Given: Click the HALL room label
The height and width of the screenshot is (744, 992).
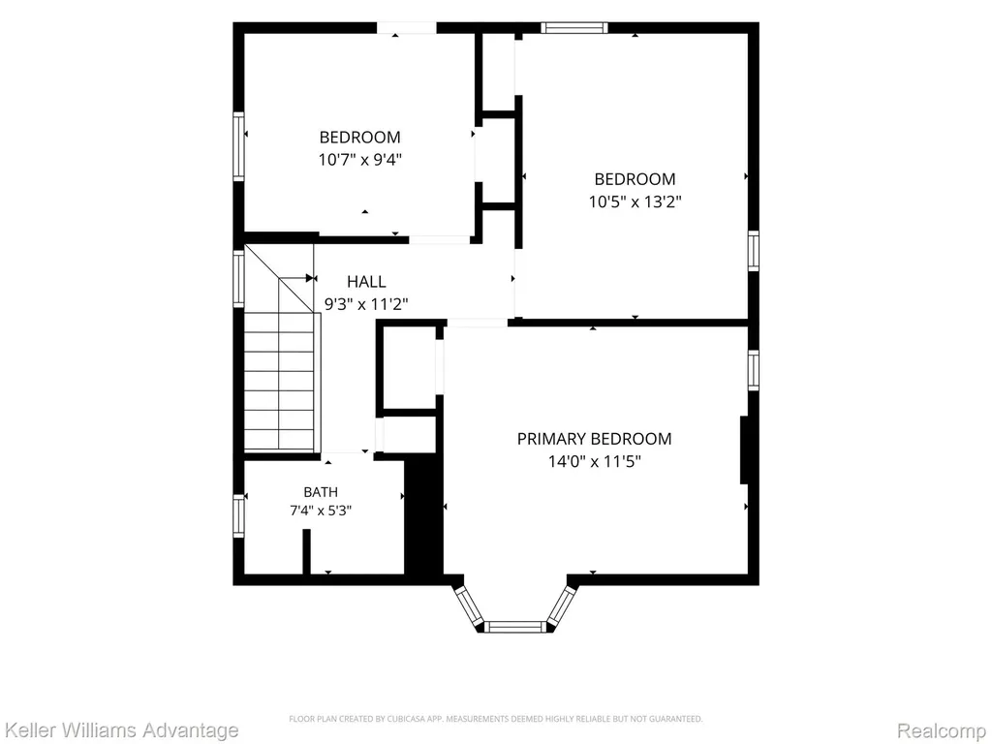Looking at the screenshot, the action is pos(366,282).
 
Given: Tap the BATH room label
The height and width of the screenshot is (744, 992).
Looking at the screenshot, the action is pos(321,491).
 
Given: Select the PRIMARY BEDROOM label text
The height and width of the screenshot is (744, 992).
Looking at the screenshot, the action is pos(594,439).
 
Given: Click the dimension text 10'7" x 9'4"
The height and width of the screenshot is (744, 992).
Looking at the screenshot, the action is pos(360,160).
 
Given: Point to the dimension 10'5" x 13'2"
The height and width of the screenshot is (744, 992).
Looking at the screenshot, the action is pos(635,201).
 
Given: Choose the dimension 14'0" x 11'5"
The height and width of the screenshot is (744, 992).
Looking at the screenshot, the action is pos(594,462).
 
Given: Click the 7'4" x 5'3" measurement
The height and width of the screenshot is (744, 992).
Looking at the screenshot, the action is pos(321,511).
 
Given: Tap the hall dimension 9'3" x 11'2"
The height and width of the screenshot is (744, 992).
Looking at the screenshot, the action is pos(366,304).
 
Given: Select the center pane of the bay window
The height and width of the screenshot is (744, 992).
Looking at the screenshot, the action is pos(515,627).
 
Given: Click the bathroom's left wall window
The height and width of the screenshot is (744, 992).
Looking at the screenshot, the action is pos(238,516).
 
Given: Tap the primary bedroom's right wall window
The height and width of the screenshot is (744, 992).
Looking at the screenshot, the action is pos(754,369).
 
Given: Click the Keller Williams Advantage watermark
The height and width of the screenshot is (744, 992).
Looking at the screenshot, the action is pos(119,729).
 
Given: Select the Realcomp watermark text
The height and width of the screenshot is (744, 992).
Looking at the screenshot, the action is pos(943,729).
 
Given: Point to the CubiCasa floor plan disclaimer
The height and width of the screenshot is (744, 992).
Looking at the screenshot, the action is pos(495,719).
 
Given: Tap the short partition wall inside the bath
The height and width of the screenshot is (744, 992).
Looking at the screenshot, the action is pos(307,551).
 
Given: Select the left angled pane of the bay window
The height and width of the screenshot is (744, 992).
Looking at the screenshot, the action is pos(470,608).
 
